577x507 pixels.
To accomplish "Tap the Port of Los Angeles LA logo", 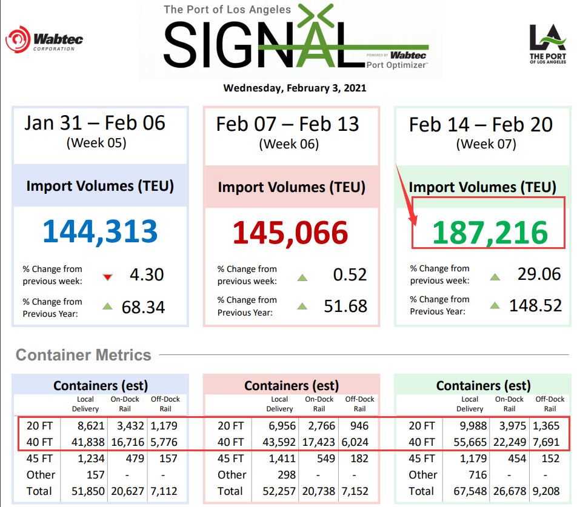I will tap(547, 44).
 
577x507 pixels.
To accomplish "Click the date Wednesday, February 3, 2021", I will tap(295, 88).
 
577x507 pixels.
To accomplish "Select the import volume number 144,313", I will tap(100, 231).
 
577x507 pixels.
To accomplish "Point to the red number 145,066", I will tap(292, 233).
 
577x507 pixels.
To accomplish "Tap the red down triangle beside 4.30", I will tap(108, 277).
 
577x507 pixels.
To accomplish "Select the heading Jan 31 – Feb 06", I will tap(95, 123).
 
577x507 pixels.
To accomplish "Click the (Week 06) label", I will tap(289, 144).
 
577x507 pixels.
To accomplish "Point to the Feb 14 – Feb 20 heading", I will tap(481, 125).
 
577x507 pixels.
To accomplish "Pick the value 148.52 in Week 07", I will tap(535, 305).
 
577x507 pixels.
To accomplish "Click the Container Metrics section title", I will tap(84, 355).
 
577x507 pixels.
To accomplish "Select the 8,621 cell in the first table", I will tap(89, 426).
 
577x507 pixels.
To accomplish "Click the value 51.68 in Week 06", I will tap(345, 306).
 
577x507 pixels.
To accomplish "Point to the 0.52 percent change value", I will tap(350, 274).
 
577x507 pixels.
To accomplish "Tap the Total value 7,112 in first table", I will tap(164, 491).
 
